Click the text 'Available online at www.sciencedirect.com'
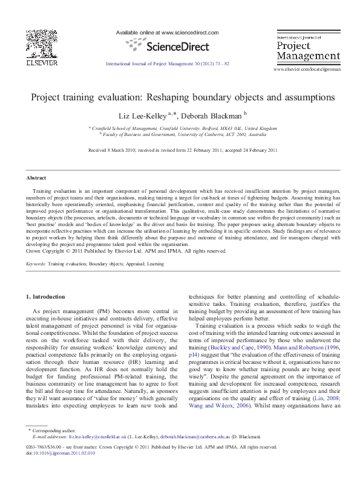166,32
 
